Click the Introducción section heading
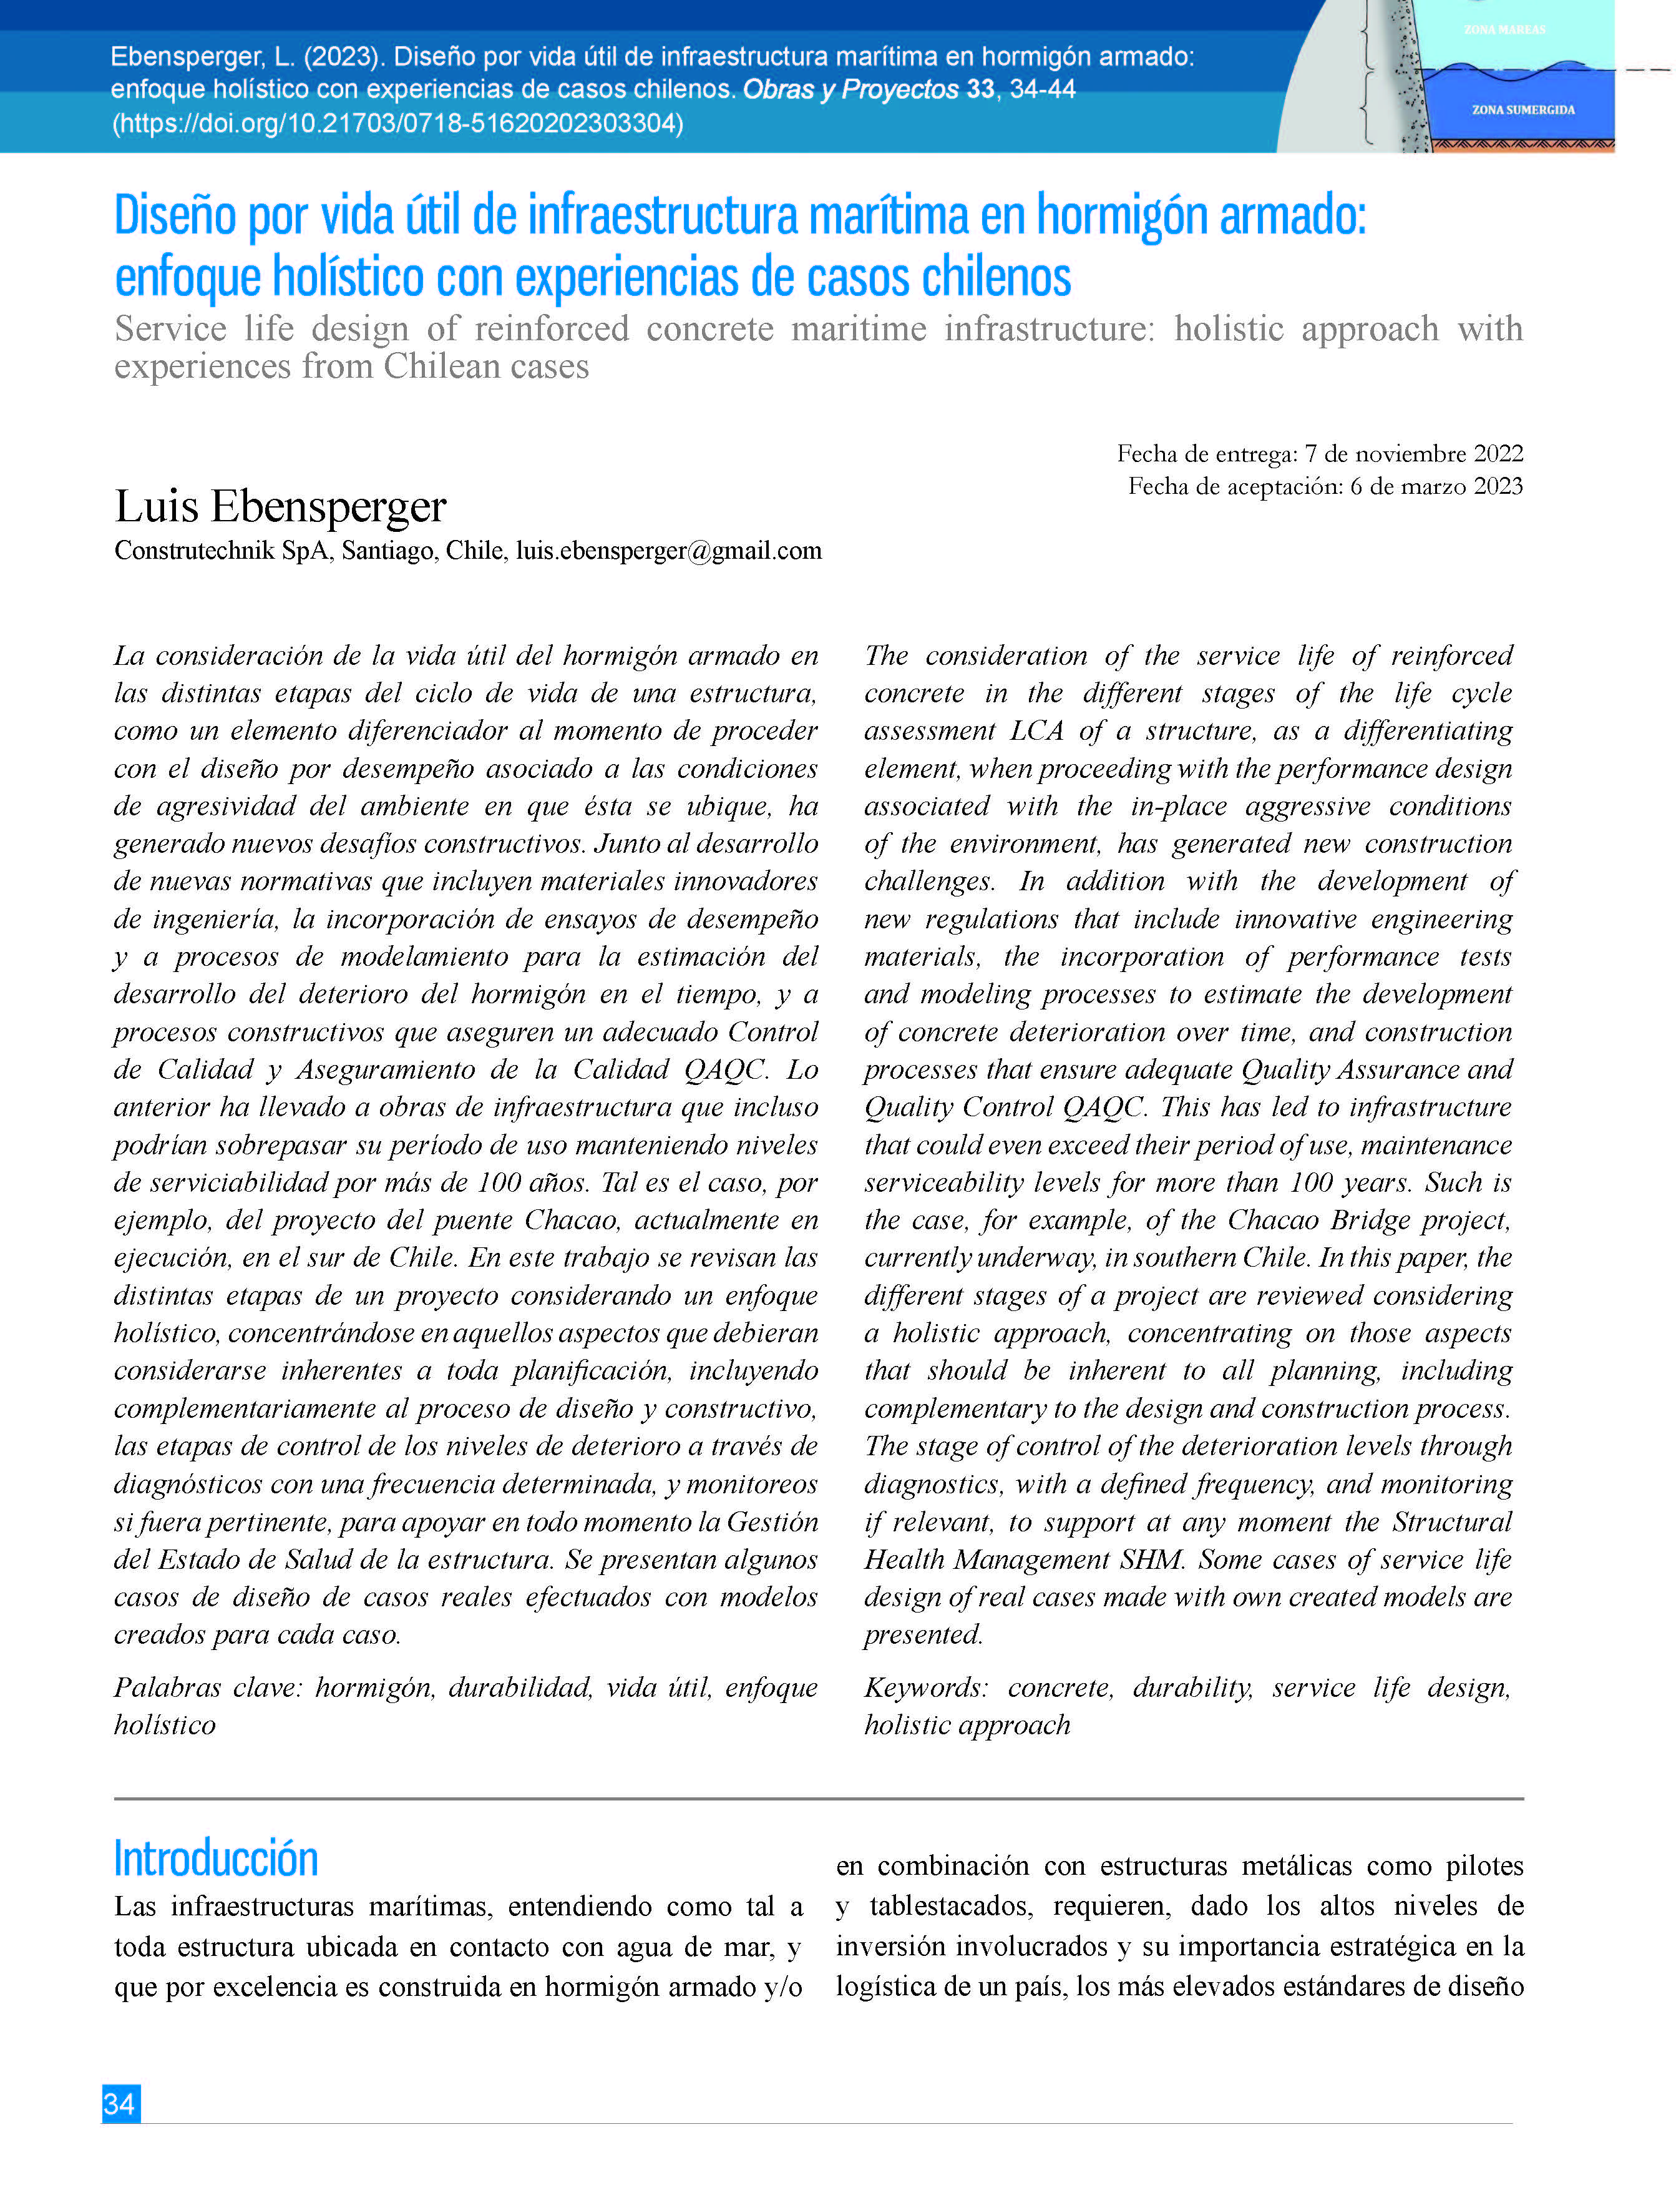tap(216, 1859)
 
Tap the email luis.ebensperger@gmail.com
tap(668, 551)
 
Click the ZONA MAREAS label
tap(1504, 30)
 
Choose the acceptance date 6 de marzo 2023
tap(1436, 486)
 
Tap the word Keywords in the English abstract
tap(925, 1687)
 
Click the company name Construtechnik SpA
tap(221, 551)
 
